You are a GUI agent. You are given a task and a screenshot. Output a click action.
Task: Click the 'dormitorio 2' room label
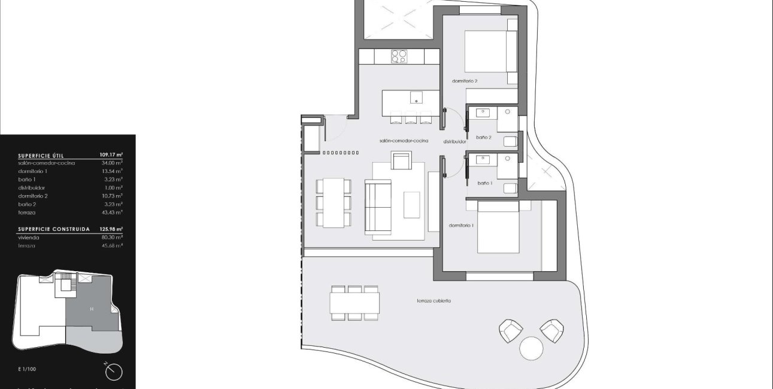[x=465, y=81]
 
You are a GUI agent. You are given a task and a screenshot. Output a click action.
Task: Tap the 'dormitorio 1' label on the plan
[x=461, y=225]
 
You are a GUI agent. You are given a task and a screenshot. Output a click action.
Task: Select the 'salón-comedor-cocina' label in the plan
[x=404, y=141]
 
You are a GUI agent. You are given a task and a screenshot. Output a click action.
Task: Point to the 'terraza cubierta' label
[x=434, y=300]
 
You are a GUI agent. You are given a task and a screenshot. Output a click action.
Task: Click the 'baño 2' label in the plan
[x=484, y=138]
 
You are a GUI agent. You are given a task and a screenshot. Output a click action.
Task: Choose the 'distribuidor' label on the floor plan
[x=454, y=142]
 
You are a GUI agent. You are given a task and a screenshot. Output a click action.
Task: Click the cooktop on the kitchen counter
[x=399, y=56]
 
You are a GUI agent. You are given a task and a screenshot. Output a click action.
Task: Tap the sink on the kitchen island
[x=416, y=97]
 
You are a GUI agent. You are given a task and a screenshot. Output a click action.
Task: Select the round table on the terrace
[x=531, y=348]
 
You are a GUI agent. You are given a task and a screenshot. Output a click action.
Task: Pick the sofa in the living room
[x=377, y=206]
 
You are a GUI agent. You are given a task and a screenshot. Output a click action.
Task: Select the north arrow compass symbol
[x=113, y=372]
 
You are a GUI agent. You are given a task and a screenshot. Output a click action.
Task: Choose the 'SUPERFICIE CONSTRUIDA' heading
[x=54, y=229]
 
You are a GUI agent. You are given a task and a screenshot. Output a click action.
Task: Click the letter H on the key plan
[x=92, y=309]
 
